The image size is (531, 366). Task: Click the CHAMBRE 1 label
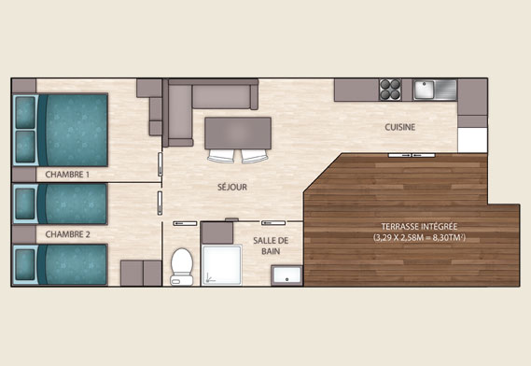click(67, 175)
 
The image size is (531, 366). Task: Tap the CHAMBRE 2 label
click(68, 234)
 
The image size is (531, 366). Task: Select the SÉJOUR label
click(232, 187)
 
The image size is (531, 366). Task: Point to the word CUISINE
click(400, 127)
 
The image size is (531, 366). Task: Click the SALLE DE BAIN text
click(271, 246)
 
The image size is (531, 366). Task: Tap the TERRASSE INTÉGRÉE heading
click(419, 226)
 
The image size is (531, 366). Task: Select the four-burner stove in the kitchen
click(390, 90)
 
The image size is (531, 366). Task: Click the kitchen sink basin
click(424, 89)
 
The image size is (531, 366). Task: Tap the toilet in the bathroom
click(182, 267)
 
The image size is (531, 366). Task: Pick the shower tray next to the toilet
click(222, 265)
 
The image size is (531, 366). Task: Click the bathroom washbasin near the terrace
click(286, 275)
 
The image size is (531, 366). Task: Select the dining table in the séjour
click(238, 134)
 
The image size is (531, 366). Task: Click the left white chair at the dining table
click(221, 156)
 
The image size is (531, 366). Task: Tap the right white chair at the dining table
click(255, 156)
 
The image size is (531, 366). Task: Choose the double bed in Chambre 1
click(61, 130)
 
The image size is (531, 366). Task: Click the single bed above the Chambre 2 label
click(61, 204)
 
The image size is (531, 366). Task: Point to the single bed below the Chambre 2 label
click(61, 264)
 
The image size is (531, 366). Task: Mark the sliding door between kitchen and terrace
click(412, 155)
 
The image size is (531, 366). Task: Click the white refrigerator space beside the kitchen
click(472, 140)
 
